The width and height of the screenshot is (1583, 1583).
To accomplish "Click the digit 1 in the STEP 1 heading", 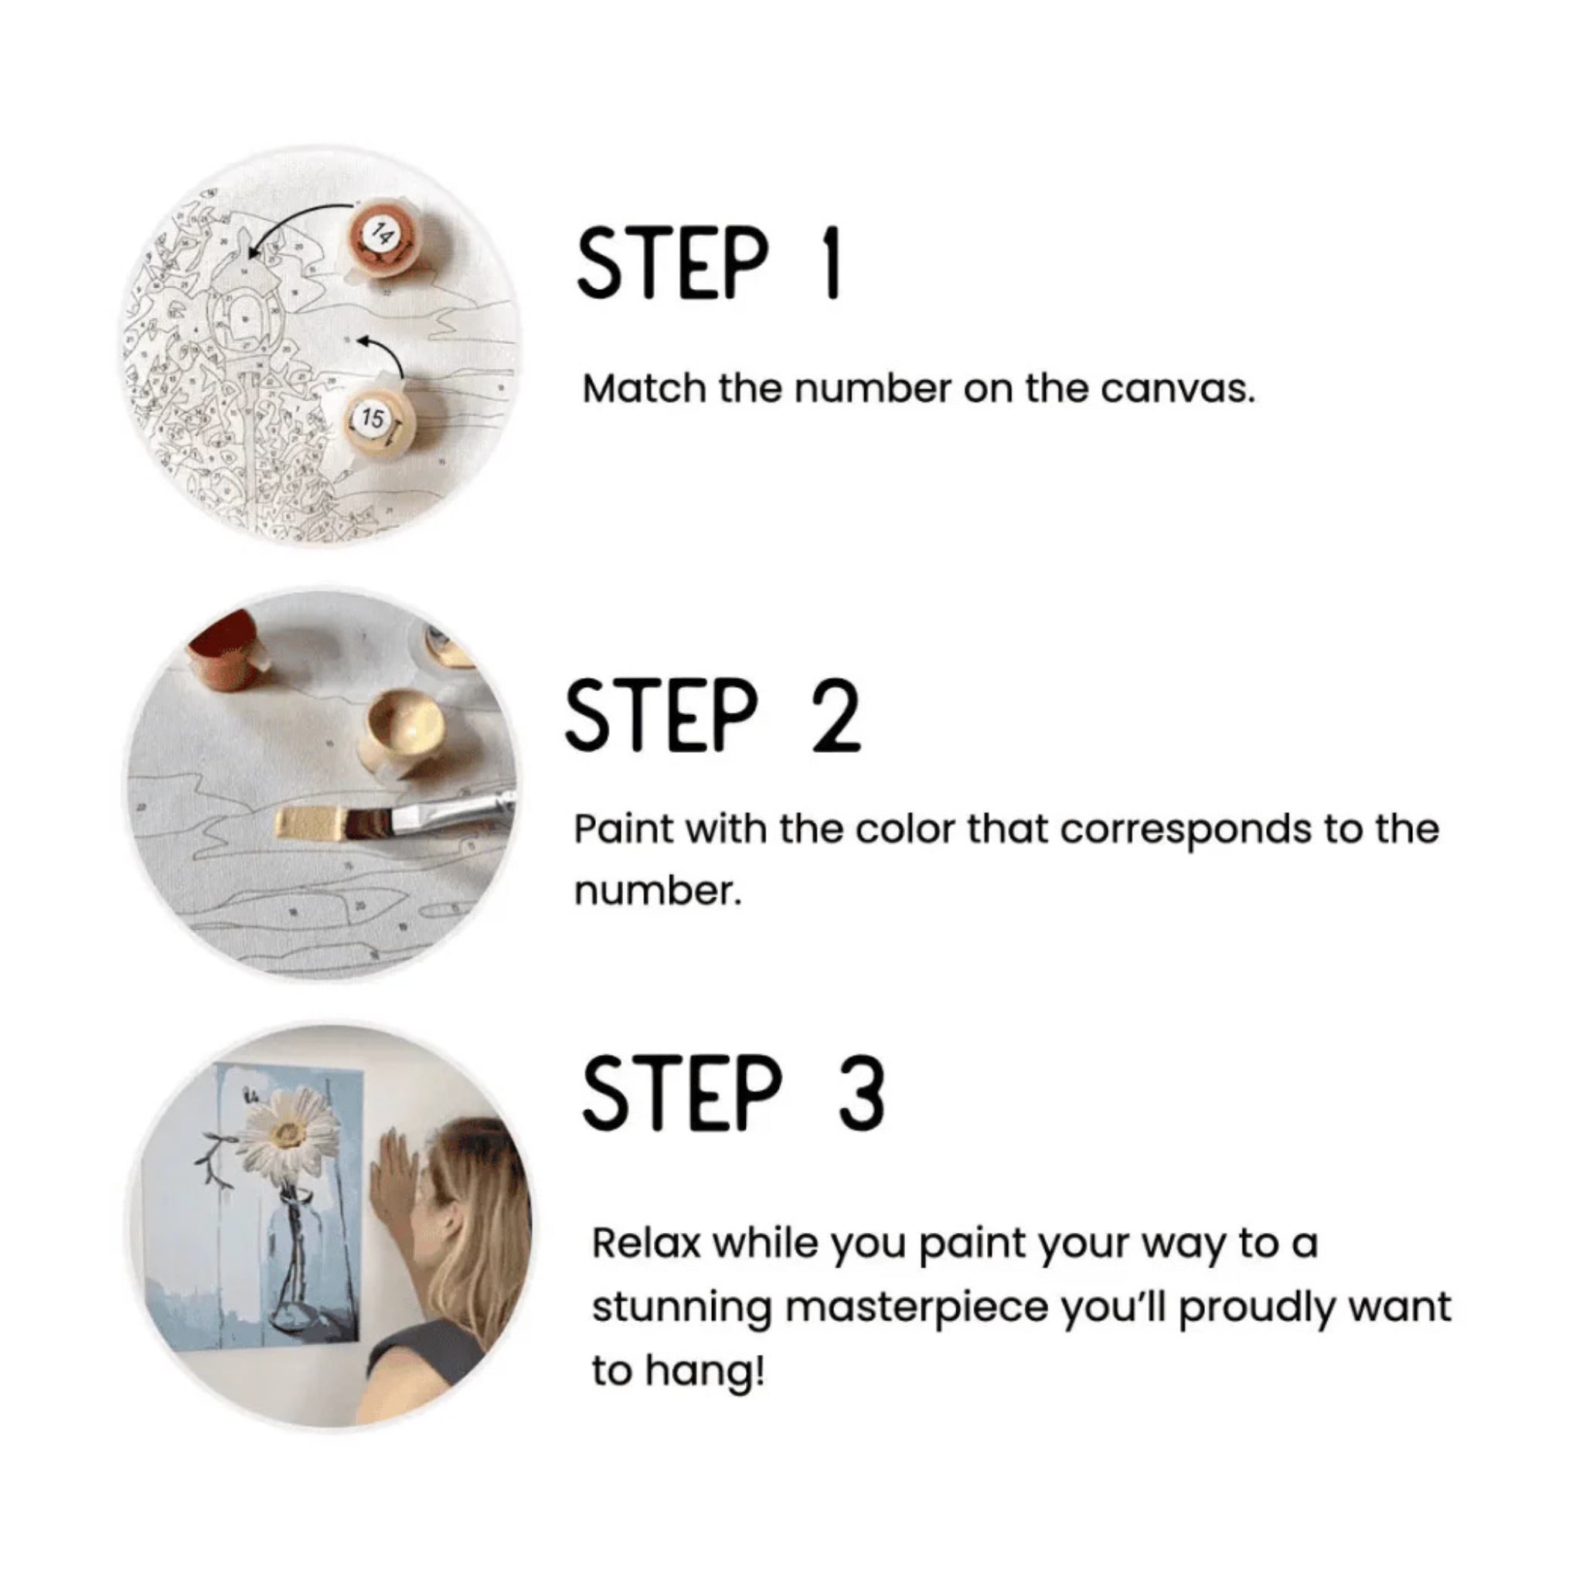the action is [832, 263].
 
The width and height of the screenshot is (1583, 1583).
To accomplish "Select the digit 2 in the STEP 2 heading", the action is [836, 714].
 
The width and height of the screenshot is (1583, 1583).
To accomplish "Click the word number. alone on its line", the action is [657, 892].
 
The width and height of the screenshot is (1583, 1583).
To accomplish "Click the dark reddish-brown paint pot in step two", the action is [223, 652].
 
